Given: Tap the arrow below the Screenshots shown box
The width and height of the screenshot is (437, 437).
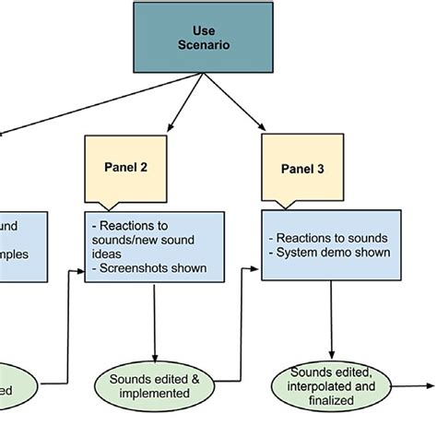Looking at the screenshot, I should [153, 323].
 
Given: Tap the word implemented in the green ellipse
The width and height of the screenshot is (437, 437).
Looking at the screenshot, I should [153, 394].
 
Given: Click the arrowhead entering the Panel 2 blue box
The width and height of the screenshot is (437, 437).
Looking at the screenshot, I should [80, 270].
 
